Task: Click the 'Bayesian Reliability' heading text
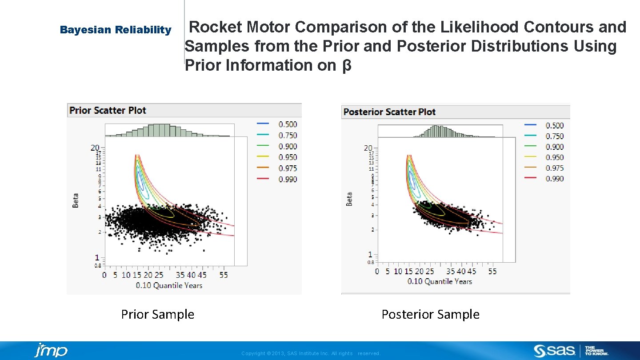[116, 30]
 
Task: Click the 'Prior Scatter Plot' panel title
[108, 110]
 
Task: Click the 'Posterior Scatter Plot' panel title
[389, 112]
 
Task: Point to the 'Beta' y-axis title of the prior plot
[76, 200]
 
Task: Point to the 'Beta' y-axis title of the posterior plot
[349, 199]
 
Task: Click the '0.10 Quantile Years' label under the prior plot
[169, 285]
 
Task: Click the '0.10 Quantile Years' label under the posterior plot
[440, 281]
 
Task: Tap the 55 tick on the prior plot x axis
[224, 275]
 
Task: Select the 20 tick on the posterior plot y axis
[368, 148]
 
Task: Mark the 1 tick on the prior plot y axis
[97, 258]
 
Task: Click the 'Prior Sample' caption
[158, 315]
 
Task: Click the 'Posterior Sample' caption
[430, 315]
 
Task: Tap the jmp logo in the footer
[51, 351]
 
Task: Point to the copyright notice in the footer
[311, 353]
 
